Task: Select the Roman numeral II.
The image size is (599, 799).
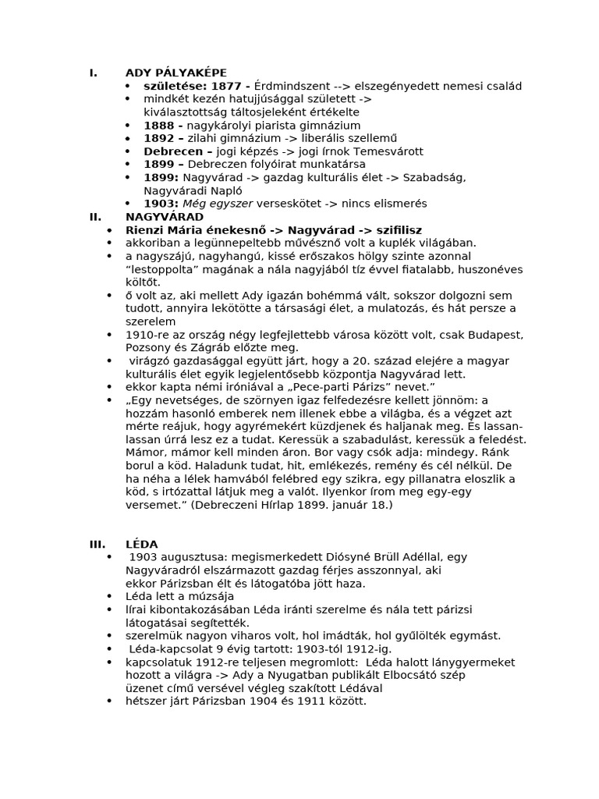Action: tap(95, 217)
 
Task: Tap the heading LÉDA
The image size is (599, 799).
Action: tap(141, 544)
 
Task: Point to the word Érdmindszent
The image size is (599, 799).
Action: tap(291, 86)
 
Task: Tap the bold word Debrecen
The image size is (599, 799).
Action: tap(172, 151)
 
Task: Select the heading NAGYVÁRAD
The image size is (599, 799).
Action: tap(165, 217)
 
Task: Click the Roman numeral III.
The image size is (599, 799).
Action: tap(97, 544)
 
